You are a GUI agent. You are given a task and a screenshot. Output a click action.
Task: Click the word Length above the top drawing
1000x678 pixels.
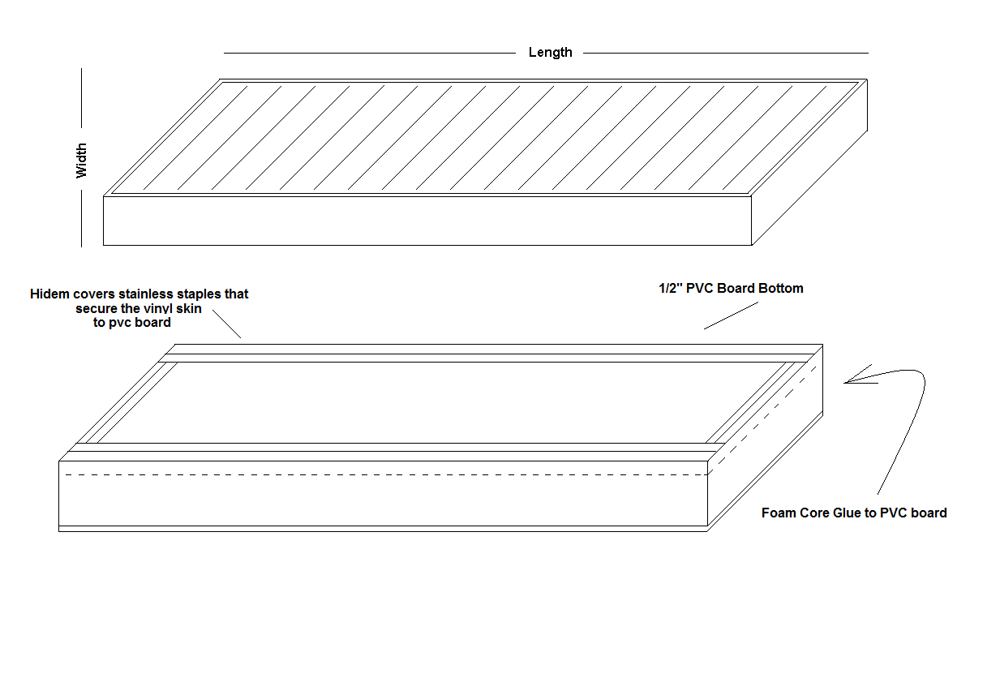click(x=550, y=53)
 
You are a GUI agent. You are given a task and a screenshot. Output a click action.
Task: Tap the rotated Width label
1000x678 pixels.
click(x=81, y=161)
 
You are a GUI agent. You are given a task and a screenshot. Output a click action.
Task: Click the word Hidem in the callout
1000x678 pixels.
click(x=49, y=294)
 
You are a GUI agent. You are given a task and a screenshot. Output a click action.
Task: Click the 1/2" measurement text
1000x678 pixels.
click(x=671, y=289)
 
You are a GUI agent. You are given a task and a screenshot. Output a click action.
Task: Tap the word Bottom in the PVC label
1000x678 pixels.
click(x=781, y=289)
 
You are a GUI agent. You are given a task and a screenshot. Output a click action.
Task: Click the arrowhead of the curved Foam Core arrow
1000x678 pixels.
click(x=845, y=383)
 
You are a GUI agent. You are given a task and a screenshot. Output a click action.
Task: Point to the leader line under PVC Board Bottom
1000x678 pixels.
click(x=732, y=315)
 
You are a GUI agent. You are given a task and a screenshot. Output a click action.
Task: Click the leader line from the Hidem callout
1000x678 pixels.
click(x=227, y=324)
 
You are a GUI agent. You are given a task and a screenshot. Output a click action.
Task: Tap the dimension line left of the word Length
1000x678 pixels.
click(x=370, y=53)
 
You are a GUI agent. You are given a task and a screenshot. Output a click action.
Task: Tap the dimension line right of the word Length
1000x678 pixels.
click(x=725, y=53)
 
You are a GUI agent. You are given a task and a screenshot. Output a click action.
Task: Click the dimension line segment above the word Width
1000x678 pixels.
click(x=81, y=98)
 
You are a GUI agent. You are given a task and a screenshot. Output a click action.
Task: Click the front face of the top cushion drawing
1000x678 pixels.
click(x=427, y=221)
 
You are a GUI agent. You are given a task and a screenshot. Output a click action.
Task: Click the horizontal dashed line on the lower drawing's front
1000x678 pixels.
click(x=387, y=475)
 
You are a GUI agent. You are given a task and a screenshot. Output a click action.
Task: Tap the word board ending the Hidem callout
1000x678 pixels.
click(x=152, y=323)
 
